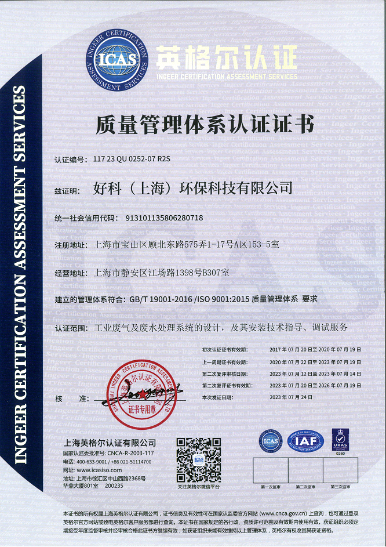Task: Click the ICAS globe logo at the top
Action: tap(117, 60)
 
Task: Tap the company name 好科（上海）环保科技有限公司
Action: tap(192, 189)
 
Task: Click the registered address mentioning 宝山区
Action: tap(186, 245)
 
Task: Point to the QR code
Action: tap(199, 460)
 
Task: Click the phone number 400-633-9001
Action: tap(94, 462)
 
